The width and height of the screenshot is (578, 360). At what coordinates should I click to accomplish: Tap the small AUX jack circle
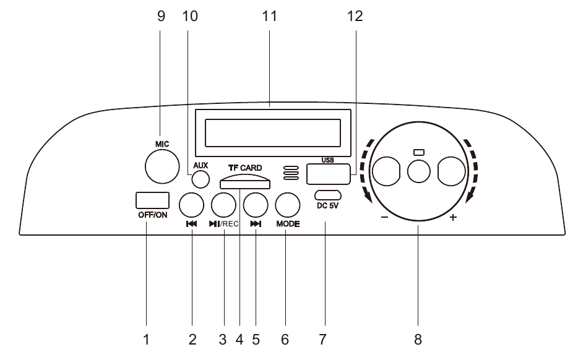click(200, 179)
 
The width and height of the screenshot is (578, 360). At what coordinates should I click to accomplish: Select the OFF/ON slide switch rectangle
click(152, 200)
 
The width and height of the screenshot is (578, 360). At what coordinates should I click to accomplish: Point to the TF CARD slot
click(244, 182)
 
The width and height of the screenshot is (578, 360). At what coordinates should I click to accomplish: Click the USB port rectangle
click(328, 174)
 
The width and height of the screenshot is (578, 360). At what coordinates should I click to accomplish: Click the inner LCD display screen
click(272, 132)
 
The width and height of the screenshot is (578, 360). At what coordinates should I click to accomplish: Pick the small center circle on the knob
click(419, 171)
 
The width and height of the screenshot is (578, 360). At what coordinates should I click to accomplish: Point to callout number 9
click(162, 17)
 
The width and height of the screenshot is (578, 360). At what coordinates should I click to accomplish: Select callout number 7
click(322, 340)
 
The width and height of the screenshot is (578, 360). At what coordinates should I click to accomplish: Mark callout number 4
click(239, 340)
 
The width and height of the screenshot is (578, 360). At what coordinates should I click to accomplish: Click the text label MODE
click(288, 224)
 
